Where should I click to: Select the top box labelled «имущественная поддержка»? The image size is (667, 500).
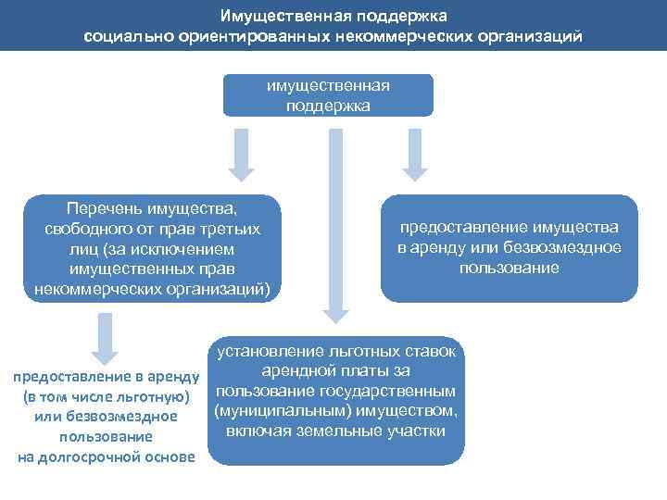coord(328,95)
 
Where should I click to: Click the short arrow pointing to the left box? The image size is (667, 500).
coord(242,154)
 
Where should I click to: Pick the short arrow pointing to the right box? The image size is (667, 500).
coord(414,154)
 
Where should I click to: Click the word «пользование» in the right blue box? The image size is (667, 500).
coord(509,269)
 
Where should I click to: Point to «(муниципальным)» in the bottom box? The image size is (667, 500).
coord(272,411)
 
